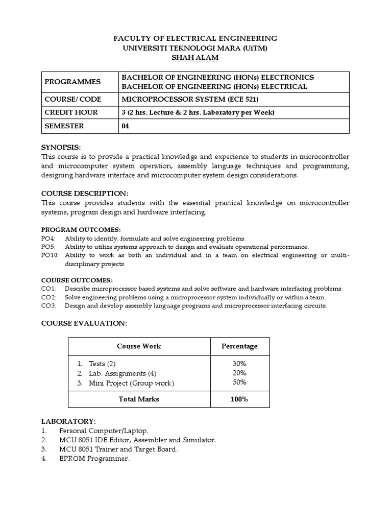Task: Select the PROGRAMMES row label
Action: (72, 82)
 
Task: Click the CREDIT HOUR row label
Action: (71, 112)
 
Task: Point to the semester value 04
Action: (125, 126)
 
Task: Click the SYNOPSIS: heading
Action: (61, 147)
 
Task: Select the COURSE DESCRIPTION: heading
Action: (84, 194)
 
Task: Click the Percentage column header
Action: (239, 346)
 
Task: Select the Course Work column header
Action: (139, 346)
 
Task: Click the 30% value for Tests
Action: (239, 364)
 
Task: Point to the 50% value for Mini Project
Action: (239, 382)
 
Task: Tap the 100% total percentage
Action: (239, 399)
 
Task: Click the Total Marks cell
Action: (139, 399)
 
